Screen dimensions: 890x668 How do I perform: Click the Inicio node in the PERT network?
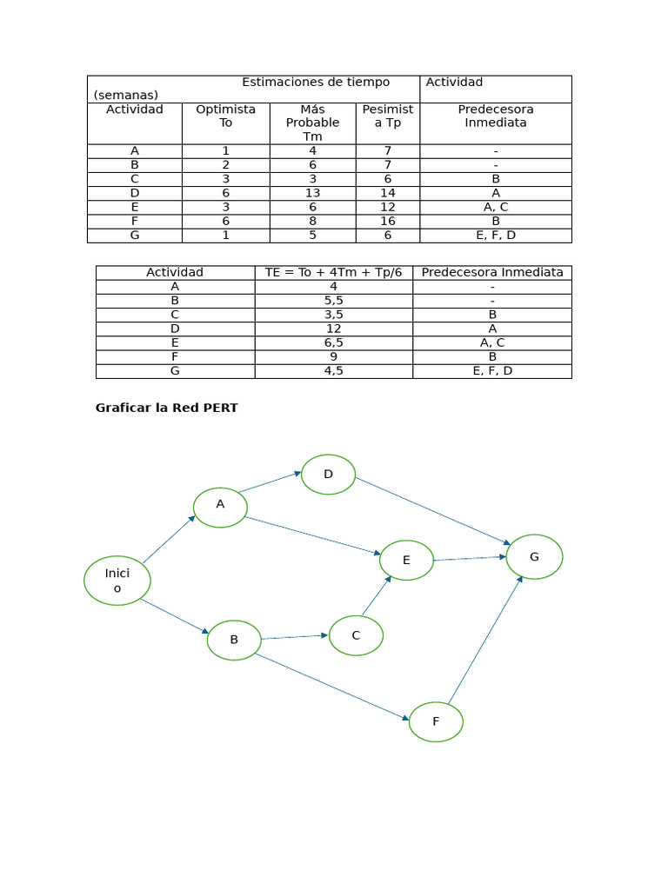[x=117, y=581]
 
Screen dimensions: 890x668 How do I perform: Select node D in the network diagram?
[x=328, y=475]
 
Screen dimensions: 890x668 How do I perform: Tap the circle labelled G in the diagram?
[x=534, y=556]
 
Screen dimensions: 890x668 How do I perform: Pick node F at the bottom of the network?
[x=436, y=721]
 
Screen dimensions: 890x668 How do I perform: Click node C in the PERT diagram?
[x=356, y=635]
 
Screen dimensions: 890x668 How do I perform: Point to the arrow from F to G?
[x=484, y=639]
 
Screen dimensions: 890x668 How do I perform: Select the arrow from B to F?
[x=331, y=687]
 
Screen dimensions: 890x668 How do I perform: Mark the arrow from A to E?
[x=314, y=535]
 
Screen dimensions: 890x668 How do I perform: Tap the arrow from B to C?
[x=294, y=637]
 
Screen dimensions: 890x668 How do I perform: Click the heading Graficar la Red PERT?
[x=166, y=408]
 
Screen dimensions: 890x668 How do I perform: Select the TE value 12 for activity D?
[x=333, y=329]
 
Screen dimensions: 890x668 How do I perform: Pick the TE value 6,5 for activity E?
[x=333, y=342]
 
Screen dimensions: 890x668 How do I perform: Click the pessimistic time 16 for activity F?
[x=387, y=221]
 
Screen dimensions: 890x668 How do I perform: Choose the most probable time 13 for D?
[x=312, y=193]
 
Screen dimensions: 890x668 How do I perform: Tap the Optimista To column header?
[x=225, y=116]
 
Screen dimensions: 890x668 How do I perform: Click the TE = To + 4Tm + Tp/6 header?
[x=333, y=272]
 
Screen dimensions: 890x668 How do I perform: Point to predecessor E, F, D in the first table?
[x=495, y=235]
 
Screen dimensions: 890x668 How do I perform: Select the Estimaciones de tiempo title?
[x=316, y=83]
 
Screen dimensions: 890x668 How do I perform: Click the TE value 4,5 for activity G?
[x=333, y=370]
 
